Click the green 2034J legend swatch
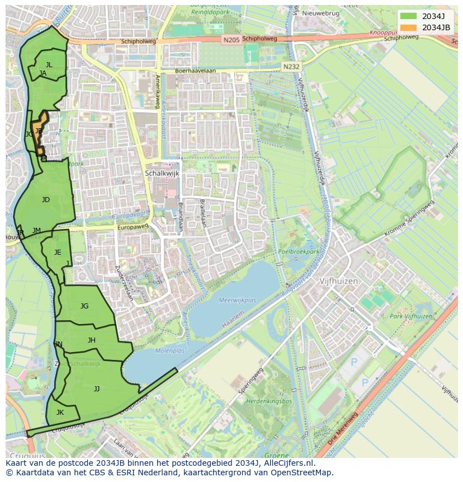(x=408, y=16)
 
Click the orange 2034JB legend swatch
(x=408, y=27)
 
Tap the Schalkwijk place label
(x=162, y=174)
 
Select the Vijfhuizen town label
(x=338, y=281)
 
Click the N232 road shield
(x=291, y=66)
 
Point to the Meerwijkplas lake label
(x=238, y=300)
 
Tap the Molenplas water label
(x=169, y=351)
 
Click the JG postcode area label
(x=84, y=306)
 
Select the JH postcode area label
(x=92, y=340)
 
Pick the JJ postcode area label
(x=97, y=389)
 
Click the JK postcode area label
(x=60, y=412)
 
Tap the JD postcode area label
(x=46, y=199)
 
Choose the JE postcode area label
(x=58, y=252)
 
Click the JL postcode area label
(x=49, y=65)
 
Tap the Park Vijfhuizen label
(x=411, y=316)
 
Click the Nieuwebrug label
(x=321, y=12)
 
